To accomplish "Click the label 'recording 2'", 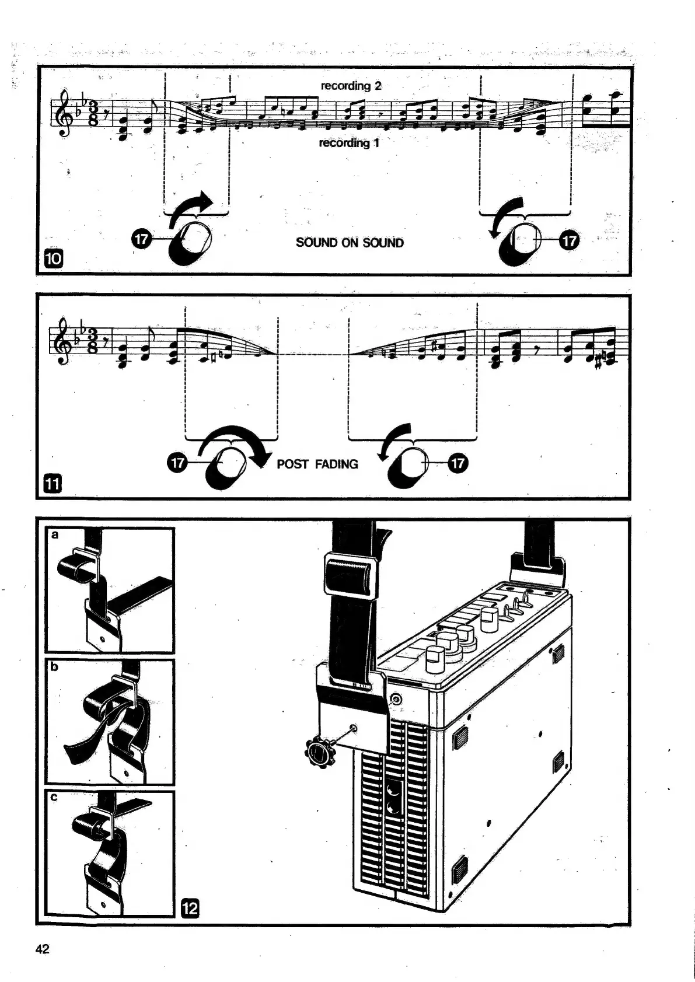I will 351,86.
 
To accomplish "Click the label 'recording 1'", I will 349,143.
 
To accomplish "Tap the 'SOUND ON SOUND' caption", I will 350,243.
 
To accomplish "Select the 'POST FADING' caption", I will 317,464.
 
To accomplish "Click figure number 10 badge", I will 53,258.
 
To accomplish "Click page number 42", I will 43,949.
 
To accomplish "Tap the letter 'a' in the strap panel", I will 55,534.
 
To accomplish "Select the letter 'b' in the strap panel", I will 54,666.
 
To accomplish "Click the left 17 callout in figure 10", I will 142,239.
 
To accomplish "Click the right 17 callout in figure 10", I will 570,240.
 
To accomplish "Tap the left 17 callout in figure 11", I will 176,463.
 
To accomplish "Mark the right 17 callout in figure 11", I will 459,464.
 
